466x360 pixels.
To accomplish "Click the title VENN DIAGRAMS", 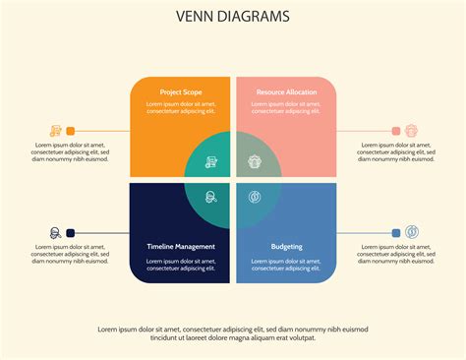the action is click(x=233, y=16).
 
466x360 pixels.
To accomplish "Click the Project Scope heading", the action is click(x=181, y=92).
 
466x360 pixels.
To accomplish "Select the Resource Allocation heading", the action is click(x=286, y=92).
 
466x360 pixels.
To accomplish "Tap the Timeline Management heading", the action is click(x=181, y=246).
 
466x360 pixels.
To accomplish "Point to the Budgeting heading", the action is click(x=286, y=246).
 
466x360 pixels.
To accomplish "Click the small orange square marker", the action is click(x=71, y=131).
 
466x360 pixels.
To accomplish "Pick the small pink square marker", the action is click(x=396, y=131).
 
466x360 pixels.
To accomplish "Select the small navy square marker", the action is click(x=71, y=233).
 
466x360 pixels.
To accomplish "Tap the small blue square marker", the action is click(x=396, y=233).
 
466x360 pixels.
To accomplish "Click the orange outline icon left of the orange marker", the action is click(x=55, y=131).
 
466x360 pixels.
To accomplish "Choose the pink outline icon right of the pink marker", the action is click(x=412, y=131).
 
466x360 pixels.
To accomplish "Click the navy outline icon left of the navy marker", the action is click(x=55, y=233).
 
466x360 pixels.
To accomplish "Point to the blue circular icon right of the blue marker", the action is click(x=412, y=233).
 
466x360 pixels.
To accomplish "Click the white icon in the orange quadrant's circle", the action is click(x=211, y=162).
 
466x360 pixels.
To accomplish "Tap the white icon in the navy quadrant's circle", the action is click(x=211, y=198).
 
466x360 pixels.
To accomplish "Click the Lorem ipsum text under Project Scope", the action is click(x=181, y=108).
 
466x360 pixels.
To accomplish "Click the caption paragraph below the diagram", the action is click(x=233, y=332).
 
